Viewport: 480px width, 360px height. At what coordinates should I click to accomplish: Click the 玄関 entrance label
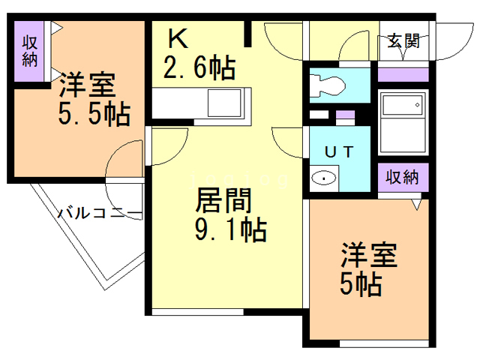pyautogui.click(x=403, y=41)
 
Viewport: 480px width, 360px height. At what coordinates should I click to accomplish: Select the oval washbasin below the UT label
pyautogui.click(x=323, y=178)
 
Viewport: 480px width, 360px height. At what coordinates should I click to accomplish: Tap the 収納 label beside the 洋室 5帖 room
pyautogui.click(x=403, y=178)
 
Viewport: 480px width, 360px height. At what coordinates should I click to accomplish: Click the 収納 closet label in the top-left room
pyautogui.click(x=29, y=51)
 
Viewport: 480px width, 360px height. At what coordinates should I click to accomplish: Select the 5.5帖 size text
pyautogui.click(x=94, y=115)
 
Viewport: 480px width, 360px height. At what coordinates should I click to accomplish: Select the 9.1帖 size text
pyautogui.click(x=229, y=229)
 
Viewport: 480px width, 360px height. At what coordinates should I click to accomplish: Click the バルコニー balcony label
pyautogui.click(x=100, y=214)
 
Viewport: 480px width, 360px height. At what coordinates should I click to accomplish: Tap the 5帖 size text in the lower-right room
pyautogui.click(x=360, y=283)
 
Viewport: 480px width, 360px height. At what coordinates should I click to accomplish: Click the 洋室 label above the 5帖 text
pyautogui.click(x=369, y=254)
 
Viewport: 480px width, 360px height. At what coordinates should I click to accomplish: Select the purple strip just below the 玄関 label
pyautogui.click(x=403, y=74)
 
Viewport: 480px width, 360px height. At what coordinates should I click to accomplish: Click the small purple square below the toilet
pyautogui.click(x=345, y=116)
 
